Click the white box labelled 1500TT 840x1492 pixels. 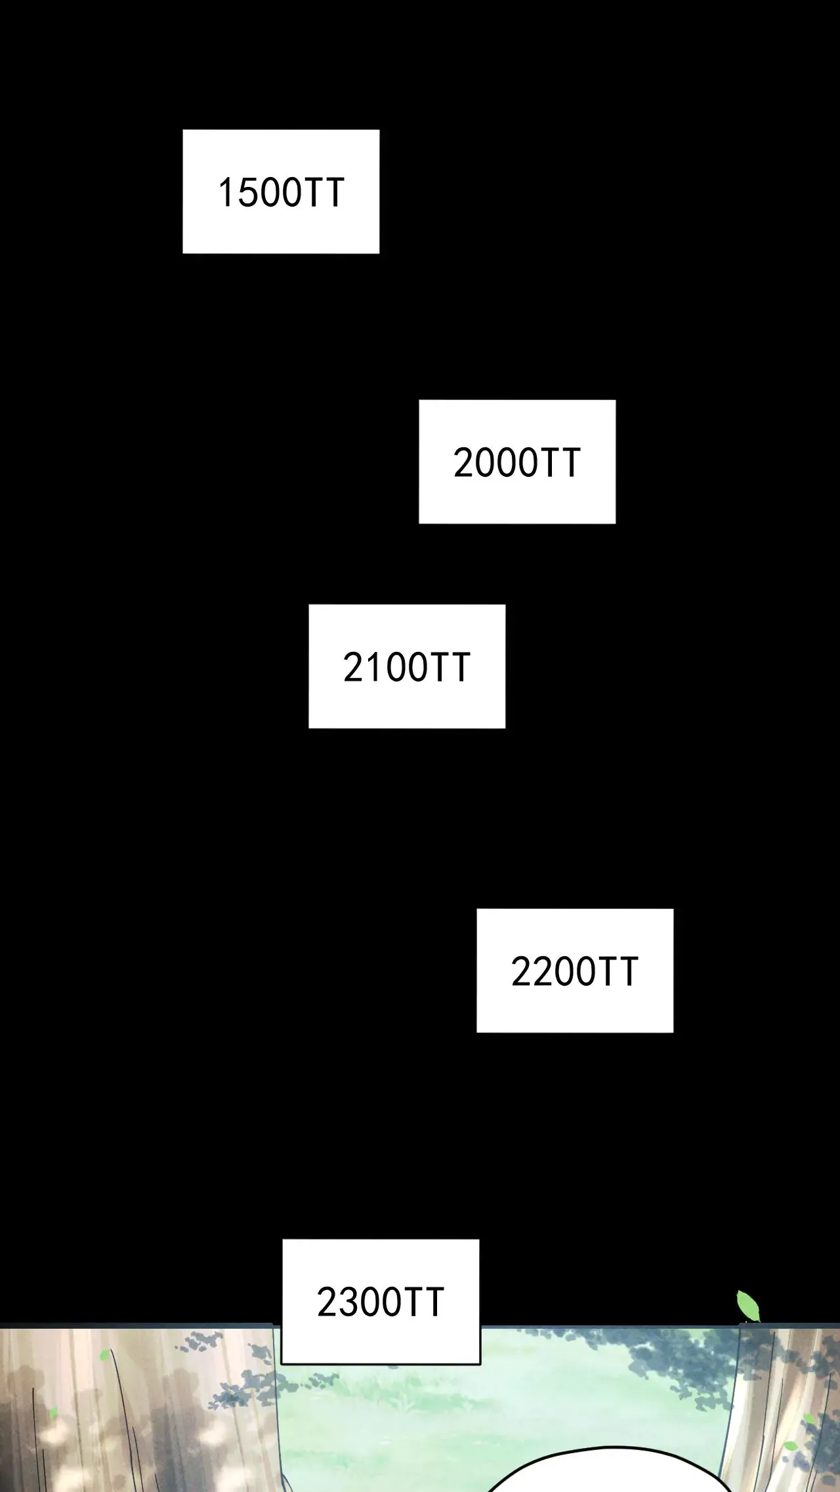click(x=281, y=192)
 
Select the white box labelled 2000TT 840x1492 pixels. click(x=517, y=462)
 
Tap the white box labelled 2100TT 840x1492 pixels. click(x=407, y=666)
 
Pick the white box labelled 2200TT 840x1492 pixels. click(x=575, y=971)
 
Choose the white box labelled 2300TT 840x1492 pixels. click(x=381, y=1302)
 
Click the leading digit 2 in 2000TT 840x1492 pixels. click(x=463, y=463)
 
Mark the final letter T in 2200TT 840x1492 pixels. click(x=626, y=972)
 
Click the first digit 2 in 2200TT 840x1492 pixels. click(x=521, y=972)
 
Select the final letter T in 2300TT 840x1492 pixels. click(x=433, y=1302)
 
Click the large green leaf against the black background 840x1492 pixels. click(x=748, y=1305)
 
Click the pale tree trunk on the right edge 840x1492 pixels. click(x=781, y=1410)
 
